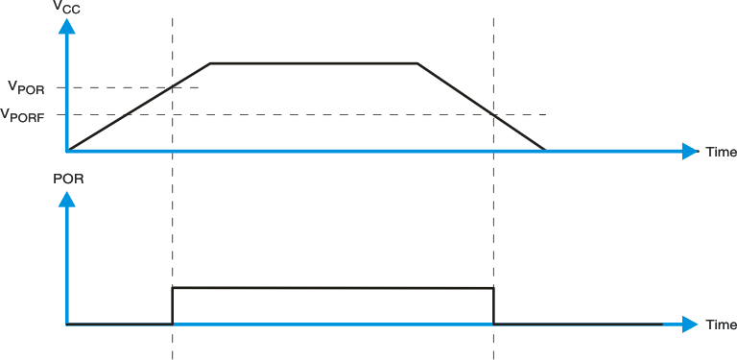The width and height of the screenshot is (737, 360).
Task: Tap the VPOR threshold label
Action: (26, 87)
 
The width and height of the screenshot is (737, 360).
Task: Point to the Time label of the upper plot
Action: (721, 152)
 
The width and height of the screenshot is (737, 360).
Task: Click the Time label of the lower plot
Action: (721, 324)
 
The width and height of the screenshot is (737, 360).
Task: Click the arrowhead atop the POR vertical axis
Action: (66, 199)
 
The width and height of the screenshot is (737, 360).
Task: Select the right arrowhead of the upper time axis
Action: (690, 151)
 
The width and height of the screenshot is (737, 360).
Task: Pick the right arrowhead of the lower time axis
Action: (690, 324)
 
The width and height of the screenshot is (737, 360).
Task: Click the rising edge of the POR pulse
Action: (173, 305)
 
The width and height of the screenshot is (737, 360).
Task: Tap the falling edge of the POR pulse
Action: (493, 306)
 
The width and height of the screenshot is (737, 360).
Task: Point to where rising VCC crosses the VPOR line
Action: (173, 87)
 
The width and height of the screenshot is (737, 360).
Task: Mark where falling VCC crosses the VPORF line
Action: (493, 115)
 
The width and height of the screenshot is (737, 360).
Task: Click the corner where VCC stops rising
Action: (211, 63)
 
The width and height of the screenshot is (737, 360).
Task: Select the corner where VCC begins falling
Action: (417, 63)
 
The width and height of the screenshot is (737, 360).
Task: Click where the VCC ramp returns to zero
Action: (546, 151)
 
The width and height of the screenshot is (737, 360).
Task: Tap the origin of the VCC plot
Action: (66, 151)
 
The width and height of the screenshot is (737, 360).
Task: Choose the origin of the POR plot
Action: (66, 324)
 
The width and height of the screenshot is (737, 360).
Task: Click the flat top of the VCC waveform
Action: (314, 63)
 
